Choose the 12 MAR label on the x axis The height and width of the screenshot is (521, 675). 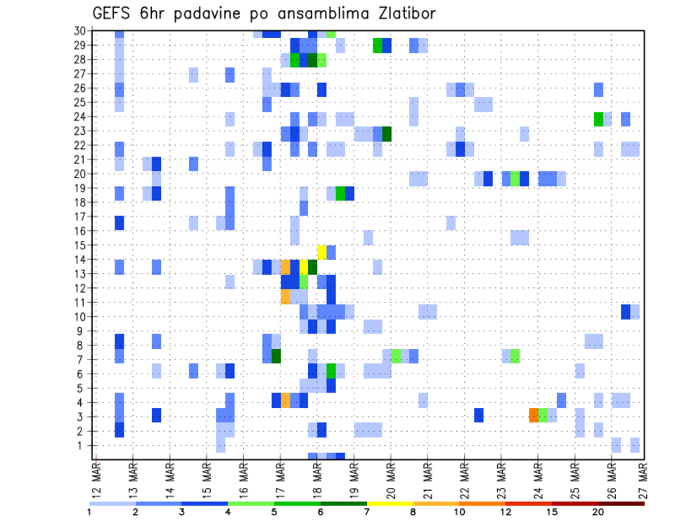[x=96, y=480]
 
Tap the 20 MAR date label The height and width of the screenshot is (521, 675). [x=390, y=480]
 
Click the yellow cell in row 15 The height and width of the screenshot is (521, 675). [x=322, y=252]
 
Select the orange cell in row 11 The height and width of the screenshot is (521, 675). [x=285, y=296]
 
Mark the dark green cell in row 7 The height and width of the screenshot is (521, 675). [x=276, y=356]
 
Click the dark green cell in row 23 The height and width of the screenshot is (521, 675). [x=386, y=133]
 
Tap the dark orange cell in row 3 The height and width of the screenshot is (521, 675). [x=534, y=414]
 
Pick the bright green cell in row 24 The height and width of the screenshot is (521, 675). [x=598, y=119]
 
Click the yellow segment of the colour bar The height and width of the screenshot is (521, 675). [x=390, y=503]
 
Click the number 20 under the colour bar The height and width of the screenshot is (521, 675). [x=598, y=513]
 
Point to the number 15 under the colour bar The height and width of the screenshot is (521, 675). [x=552, y=513]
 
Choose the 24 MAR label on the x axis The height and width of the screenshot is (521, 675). [x=538, y=480]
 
